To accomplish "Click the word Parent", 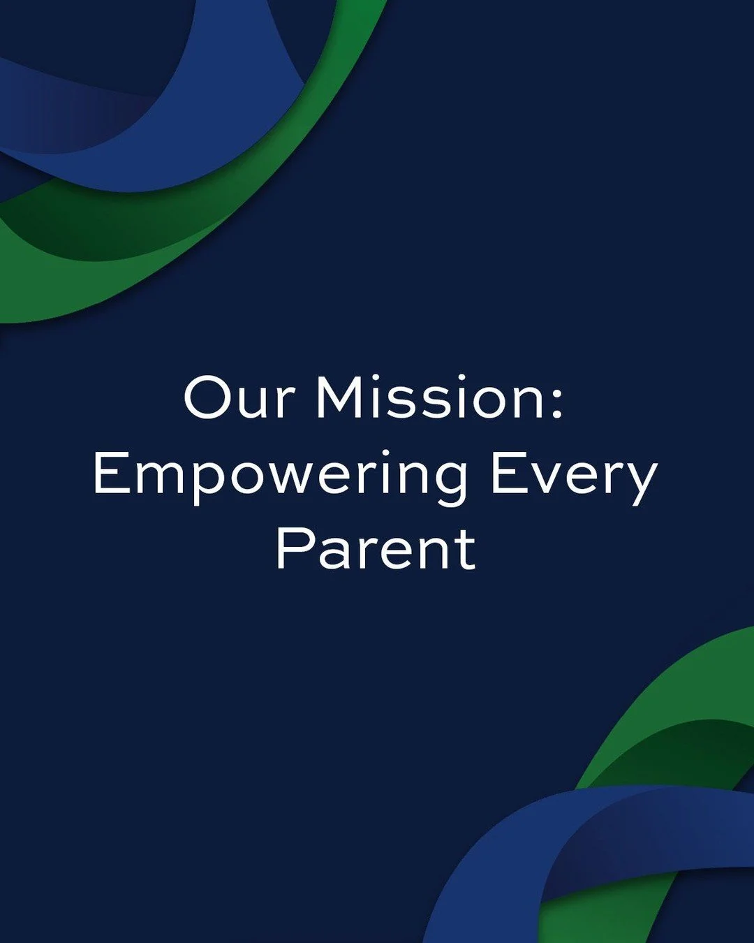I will click(376, 549).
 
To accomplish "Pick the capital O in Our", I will click(208, 397).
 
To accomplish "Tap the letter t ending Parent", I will click(466, 549).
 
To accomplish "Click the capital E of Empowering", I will click(110, 475).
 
